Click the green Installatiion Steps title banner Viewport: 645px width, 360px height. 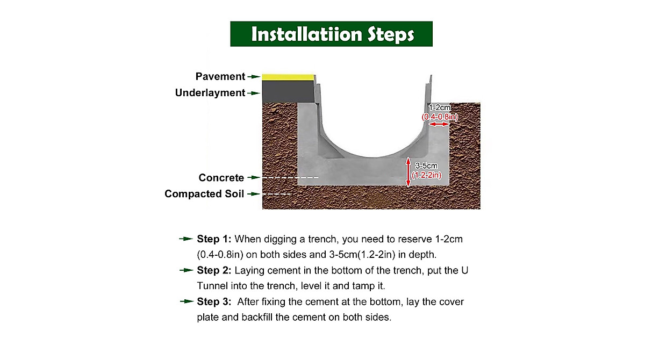pos(331,34)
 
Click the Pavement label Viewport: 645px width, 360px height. pos(220,77)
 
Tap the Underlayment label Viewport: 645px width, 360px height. pos(210,93)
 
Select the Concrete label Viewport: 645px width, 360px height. pos(221,178)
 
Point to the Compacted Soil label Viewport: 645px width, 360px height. pos(204,194)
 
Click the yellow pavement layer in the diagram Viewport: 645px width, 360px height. pos(288,77)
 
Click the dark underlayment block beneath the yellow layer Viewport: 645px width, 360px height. pos(288,91)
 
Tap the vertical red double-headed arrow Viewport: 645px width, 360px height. pos(408,172)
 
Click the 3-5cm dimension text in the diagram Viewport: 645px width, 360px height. pos(426,167)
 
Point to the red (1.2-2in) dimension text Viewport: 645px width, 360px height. pos(426,175)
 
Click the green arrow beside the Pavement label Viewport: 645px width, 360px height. pos(253,77)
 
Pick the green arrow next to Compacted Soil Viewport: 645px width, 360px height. pos(253,194)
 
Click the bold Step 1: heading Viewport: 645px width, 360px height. pos(214,239)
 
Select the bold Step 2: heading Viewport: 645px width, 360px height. pos(214,270)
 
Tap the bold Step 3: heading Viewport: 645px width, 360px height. pos(214,301)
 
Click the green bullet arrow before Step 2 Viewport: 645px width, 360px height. pos(186,270)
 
